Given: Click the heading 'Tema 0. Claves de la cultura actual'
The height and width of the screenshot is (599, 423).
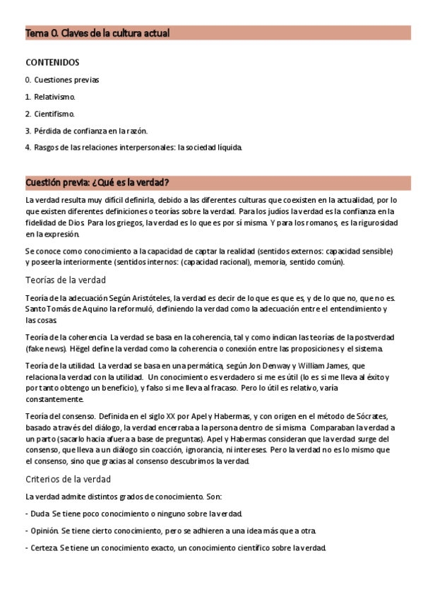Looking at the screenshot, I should (97, 33).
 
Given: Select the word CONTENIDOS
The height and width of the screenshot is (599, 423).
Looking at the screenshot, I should (52, 62).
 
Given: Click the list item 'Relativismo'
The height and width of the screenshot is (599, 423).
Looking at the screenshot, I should (54, 97).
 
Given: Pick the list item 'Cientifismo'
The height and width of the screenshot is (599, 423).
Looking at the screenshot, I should (54, 114).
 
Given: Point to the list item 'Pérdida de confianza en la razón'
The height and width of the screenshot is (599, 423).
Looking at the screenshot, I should (90, 131).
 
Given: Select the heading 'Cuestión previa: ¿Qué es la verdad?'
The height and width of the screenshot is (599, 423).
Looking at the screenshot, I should (97, 182).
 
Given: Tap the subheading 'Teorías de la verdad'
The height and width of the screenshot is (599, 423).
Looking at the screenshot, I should (65, 280).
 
